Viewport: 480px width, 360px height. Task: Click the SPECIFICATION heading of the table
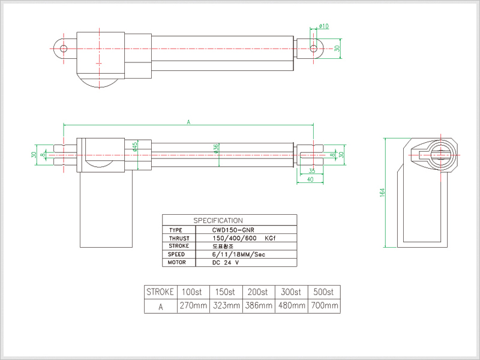click(218, 220)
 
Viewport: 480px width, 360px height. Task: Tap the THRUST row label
click(179, 238)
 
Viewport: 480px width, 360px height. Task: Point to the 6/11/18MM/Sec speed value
click(239, 254)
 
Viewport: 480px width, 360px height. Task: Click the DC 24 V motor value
click(226, 263)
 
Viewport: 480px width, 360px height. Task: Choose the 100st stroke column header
click(193, 292)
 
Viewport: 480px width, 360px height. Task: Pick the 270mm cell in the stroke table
click(193, 306)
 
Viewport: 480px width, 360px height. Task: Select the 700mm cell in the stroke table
click(324, 306)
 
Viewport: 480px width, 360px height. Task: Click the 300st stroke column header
click(291, 292)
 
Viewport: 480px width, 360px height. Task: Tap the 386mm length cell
click(259, 306)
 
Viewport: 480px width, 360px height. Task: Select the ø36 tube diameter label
click(216, 148)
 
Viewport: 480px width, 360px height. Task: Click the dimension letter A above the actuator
click(188, 122)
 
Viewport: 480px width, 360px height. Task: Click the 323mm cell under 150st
click(226, 306)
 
